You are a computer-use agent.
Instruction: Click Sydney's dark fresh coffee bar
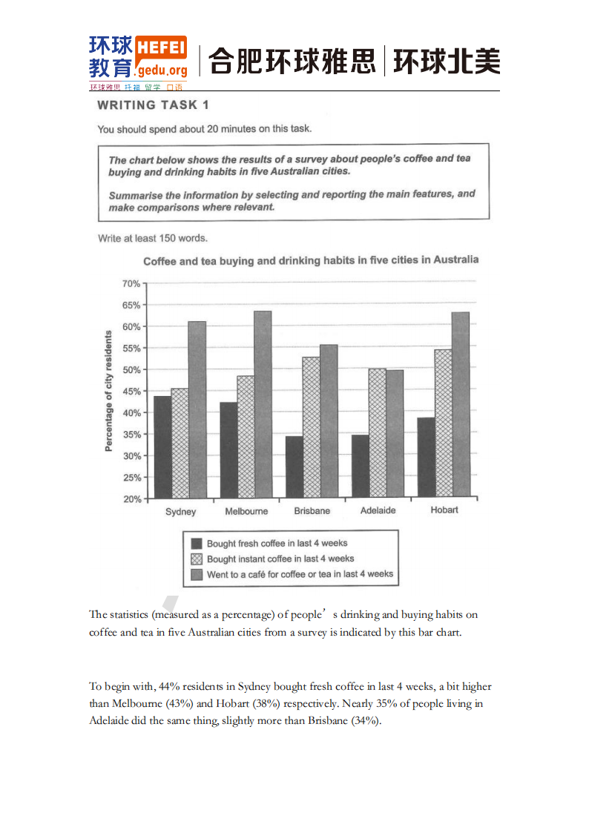[162, 447]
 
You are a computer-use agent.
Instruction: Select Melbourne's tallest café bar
[263, 404]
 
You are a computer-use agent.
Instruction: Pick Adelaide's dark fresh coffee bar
[360, 466]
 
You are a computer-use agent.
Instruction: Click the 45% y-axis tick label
[131, 392]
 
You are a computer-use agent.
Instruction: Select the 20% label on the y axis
[131, 499]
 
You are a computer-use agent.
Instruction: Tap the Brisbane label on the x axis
[312, 511]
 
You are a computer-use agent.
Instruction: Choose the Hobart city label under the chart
[444, 510]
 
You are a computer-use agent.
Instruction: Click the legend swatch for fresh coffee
[197, 544]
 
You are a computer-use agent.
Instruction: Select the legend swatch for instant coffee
[197, 559]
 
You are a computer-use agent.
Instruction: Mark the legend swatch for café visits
[197, 574]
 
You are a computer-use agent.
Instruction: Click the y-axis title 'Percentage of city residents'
[108, 391]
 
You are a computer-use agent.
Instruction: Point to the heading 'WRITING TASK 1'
[153, 105]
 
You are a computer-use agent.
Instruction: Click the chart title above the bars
[310, 260]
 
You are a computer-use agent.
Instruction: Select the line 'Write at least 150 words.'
[152, 239]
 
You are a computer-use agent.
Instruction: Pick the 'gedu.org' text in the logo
[162, 70]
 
